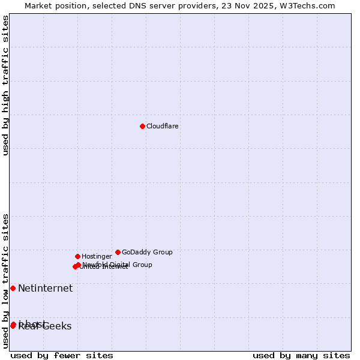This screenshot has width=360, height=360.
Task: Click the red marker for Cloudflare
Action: pyautogui.click(x=142, y=126)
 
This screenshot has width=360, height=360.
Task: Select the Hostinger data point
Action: pyautogui.click(x=77, y=256)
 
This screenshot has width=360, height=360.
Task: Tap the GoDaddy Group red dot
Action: pyautogui.click(x=118, y=252)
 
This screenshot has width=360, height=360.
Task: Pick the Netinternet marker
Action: pyautogui.click(x=13, y=288)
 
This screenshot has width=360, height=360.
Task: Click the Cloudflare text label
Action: pyautogui.click(x=162, y=126)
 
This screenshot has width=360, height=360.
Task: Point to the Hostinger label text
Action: pyautogui.click(x=97, y=256)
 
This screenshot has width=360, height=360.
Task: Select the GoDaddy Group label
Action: pyautogui.click(x=147, y=252)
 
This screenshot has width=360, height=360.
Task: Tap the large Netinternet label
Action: pyautogui.click(x=45, y=288)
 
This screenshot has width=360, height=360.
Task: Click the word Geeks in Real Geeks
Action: pyautogui.click(x=57, y=326)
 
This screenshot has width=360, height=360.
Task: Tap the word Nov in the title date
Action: pyautogui.click(x=248, y=5)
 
